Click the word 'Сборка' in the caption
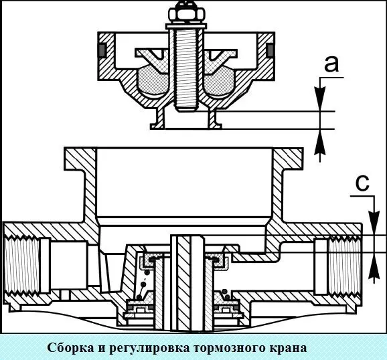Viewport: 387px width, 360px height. (x=71, y=348)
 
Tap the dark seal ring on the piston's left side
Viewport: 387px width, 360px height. (x=102, y=50)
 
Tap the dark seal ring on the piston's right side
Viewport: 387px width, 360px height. (x=270, y=50)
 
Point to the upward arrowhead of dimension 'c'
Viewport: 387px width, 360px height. (x=375, y=266)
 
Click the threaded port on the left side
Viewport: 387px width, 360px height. (x=21, y=264)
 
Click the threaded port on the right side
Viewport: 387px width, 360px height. (x=343, y=264)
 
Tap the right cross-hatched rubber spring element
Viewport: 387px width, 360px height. (x=219, y=80)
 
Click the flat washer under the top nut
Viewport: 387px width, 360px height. (x=186, y=26)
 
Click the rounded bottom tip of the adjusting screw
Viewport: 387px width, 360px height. (x=186, y=108)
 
